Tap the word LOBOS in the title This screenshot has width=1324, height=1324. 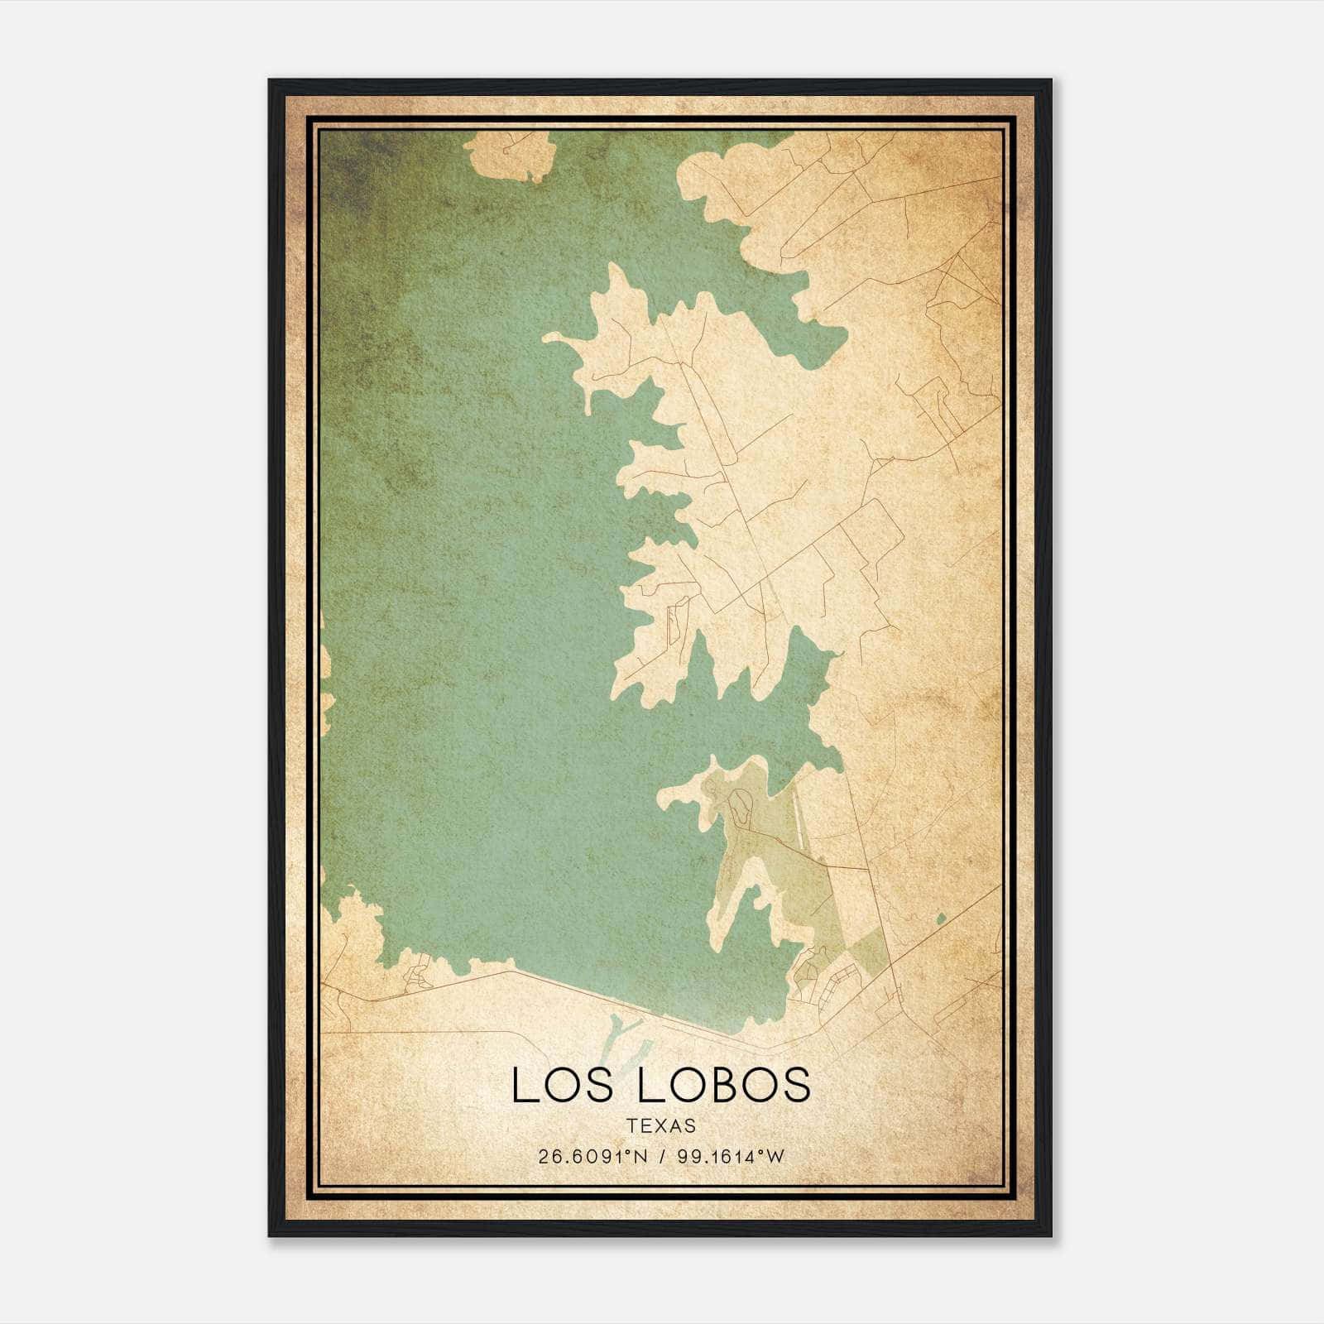point(723,1085)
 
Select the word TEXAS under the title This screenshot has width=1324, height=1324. point(661,1125)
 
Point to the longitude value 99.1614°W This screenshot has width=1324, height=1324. point(730,1157)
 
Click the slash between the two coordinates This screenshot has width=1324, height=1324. point(660,1157)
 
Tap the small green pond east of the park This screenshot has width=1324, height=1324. point(939,918)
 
